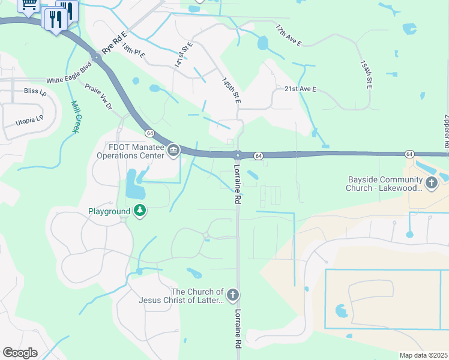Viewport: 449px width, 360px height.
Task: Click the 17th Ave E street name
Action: pos(289,36)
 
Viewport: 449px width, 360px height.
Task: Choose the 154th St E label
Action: pos(367,75)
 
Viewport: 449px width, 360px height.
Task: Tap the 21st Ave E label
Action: pos(300,89)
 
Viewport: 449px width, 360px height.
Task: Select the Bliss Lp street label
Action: pos(35,92)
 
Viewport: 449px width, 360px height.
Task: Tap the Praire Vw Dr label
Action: pos(98,97)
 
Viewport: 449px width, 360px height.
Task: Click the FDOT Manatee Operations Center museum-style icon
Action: pos(173,150)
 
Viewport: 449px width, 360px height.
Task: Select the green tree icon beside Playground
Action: pos(140,211)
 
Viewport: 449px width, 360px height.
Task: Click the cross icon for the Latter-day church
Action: pos(233,295)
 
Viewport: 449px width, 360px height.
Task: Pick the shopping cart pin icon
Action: pos(28,5)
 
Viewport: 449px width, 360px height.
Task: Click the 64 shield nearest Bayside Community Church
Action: pos(408,154)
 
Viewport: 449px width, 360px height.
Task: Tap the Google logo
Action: pos(20,352)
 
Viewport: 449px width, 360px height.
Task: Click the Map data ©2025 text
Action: pos(423,355)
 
